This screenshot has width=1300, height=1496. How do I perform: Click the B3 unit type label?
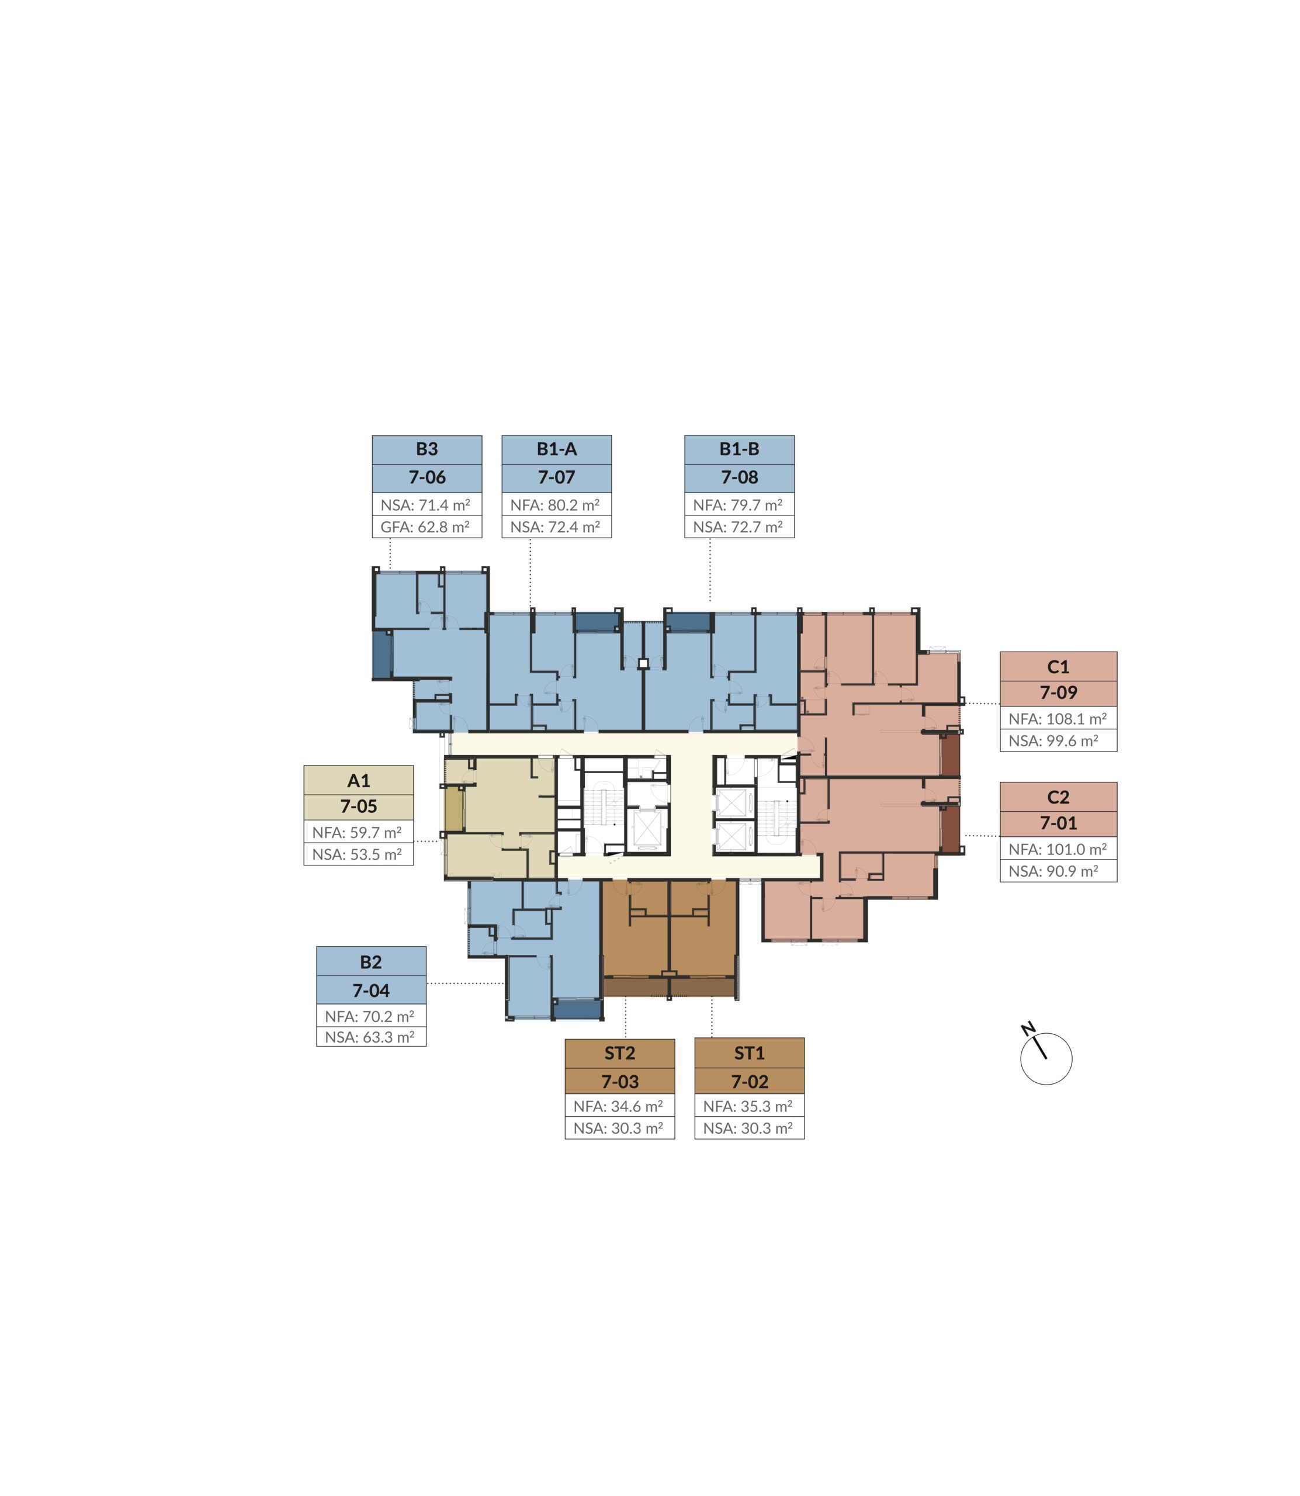click(427, 449)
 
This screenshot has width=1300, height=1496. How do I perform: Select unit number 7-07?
click(556, 477)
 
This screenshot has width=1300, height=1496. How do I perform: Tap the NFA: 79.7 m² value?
click(738, 505)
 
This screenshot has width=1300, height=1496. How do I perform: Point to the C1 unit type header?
click(1058, 667)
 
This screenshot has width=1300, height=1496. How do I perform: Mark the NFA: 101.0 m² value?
click(1058, 849)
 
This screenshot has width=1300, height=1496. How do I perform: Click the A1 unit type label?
click(358, 781)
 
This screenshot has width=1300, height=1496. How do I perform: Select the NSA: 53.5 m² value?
click(357, 855)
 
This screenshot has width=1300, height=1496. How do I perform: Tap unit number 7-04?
click(370, 991)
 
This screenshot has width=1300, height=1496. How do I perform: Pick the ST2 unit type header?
click(619, 1052)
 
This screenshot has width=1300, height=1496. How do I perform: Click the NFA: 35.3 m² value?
click(748, 1106)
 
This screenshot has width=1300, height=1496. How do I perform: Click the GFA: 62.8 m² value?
click(425, 527)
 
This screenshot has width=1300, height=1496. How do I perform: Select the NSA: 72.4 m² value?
click(555, 527)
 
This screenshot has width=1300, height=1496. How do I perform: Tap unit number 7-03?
click(619, 1082)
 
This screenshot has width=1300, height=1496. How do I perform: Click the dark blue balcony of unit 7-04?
click(577, 1009)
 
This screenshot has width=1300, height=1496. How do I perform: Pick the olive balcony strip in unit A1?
click(454, 809)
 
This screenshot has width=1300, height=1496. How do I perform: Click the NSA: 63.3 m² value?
click(369, 1037)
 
